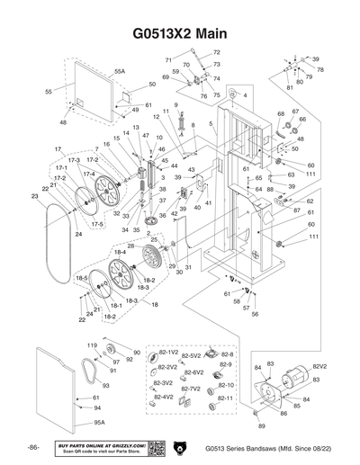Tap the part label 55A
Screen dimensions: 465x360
[120, 69]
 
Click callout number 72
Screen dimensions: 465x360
[216, 53]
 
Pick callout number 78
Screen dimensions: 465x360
[320, 69]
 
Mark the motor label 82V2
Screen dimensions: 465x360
[319, 367]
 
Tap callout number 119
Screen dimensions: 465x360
[91, 346]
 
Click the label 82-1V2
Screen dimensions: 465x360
[168, 353]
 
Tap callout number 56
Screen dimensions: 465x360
[256, 314]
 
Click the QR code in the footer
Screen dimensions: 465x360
[154, 448]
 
